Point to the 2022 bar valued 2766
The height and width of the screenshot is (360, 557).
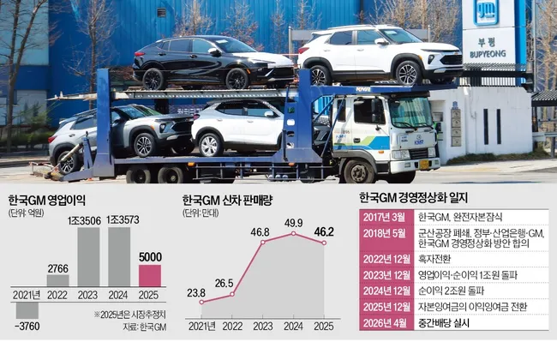(57, 280)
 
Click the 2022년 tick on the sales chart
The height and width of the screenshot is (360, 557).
(226, 325)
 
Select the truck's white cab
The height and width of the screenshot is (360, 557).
(377, 129)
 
